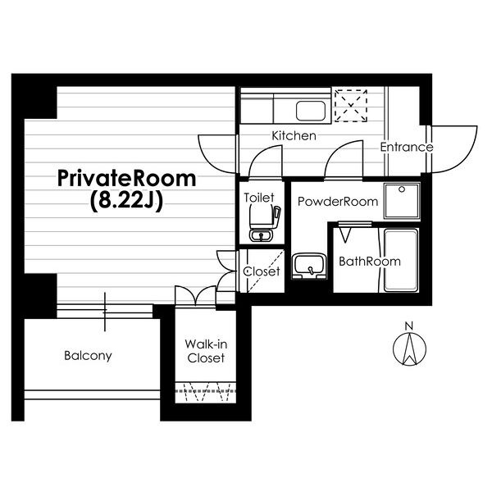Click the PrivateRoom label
127,179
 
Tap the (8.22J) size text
127,201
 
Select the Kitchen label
294,136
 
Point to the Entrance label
407,147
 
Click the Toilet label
259,198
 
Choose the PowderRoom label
338,202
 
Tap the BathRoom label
370,262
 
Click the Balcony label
88,356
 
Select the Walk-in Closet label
206,351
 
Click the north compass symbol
409,349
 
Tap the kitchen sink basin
311,111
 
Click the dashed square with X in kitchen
351,106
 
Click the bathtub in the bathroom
401,261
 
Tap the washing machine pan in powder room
402,201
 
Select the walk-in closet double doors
195,295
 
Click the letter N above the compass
408,326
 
